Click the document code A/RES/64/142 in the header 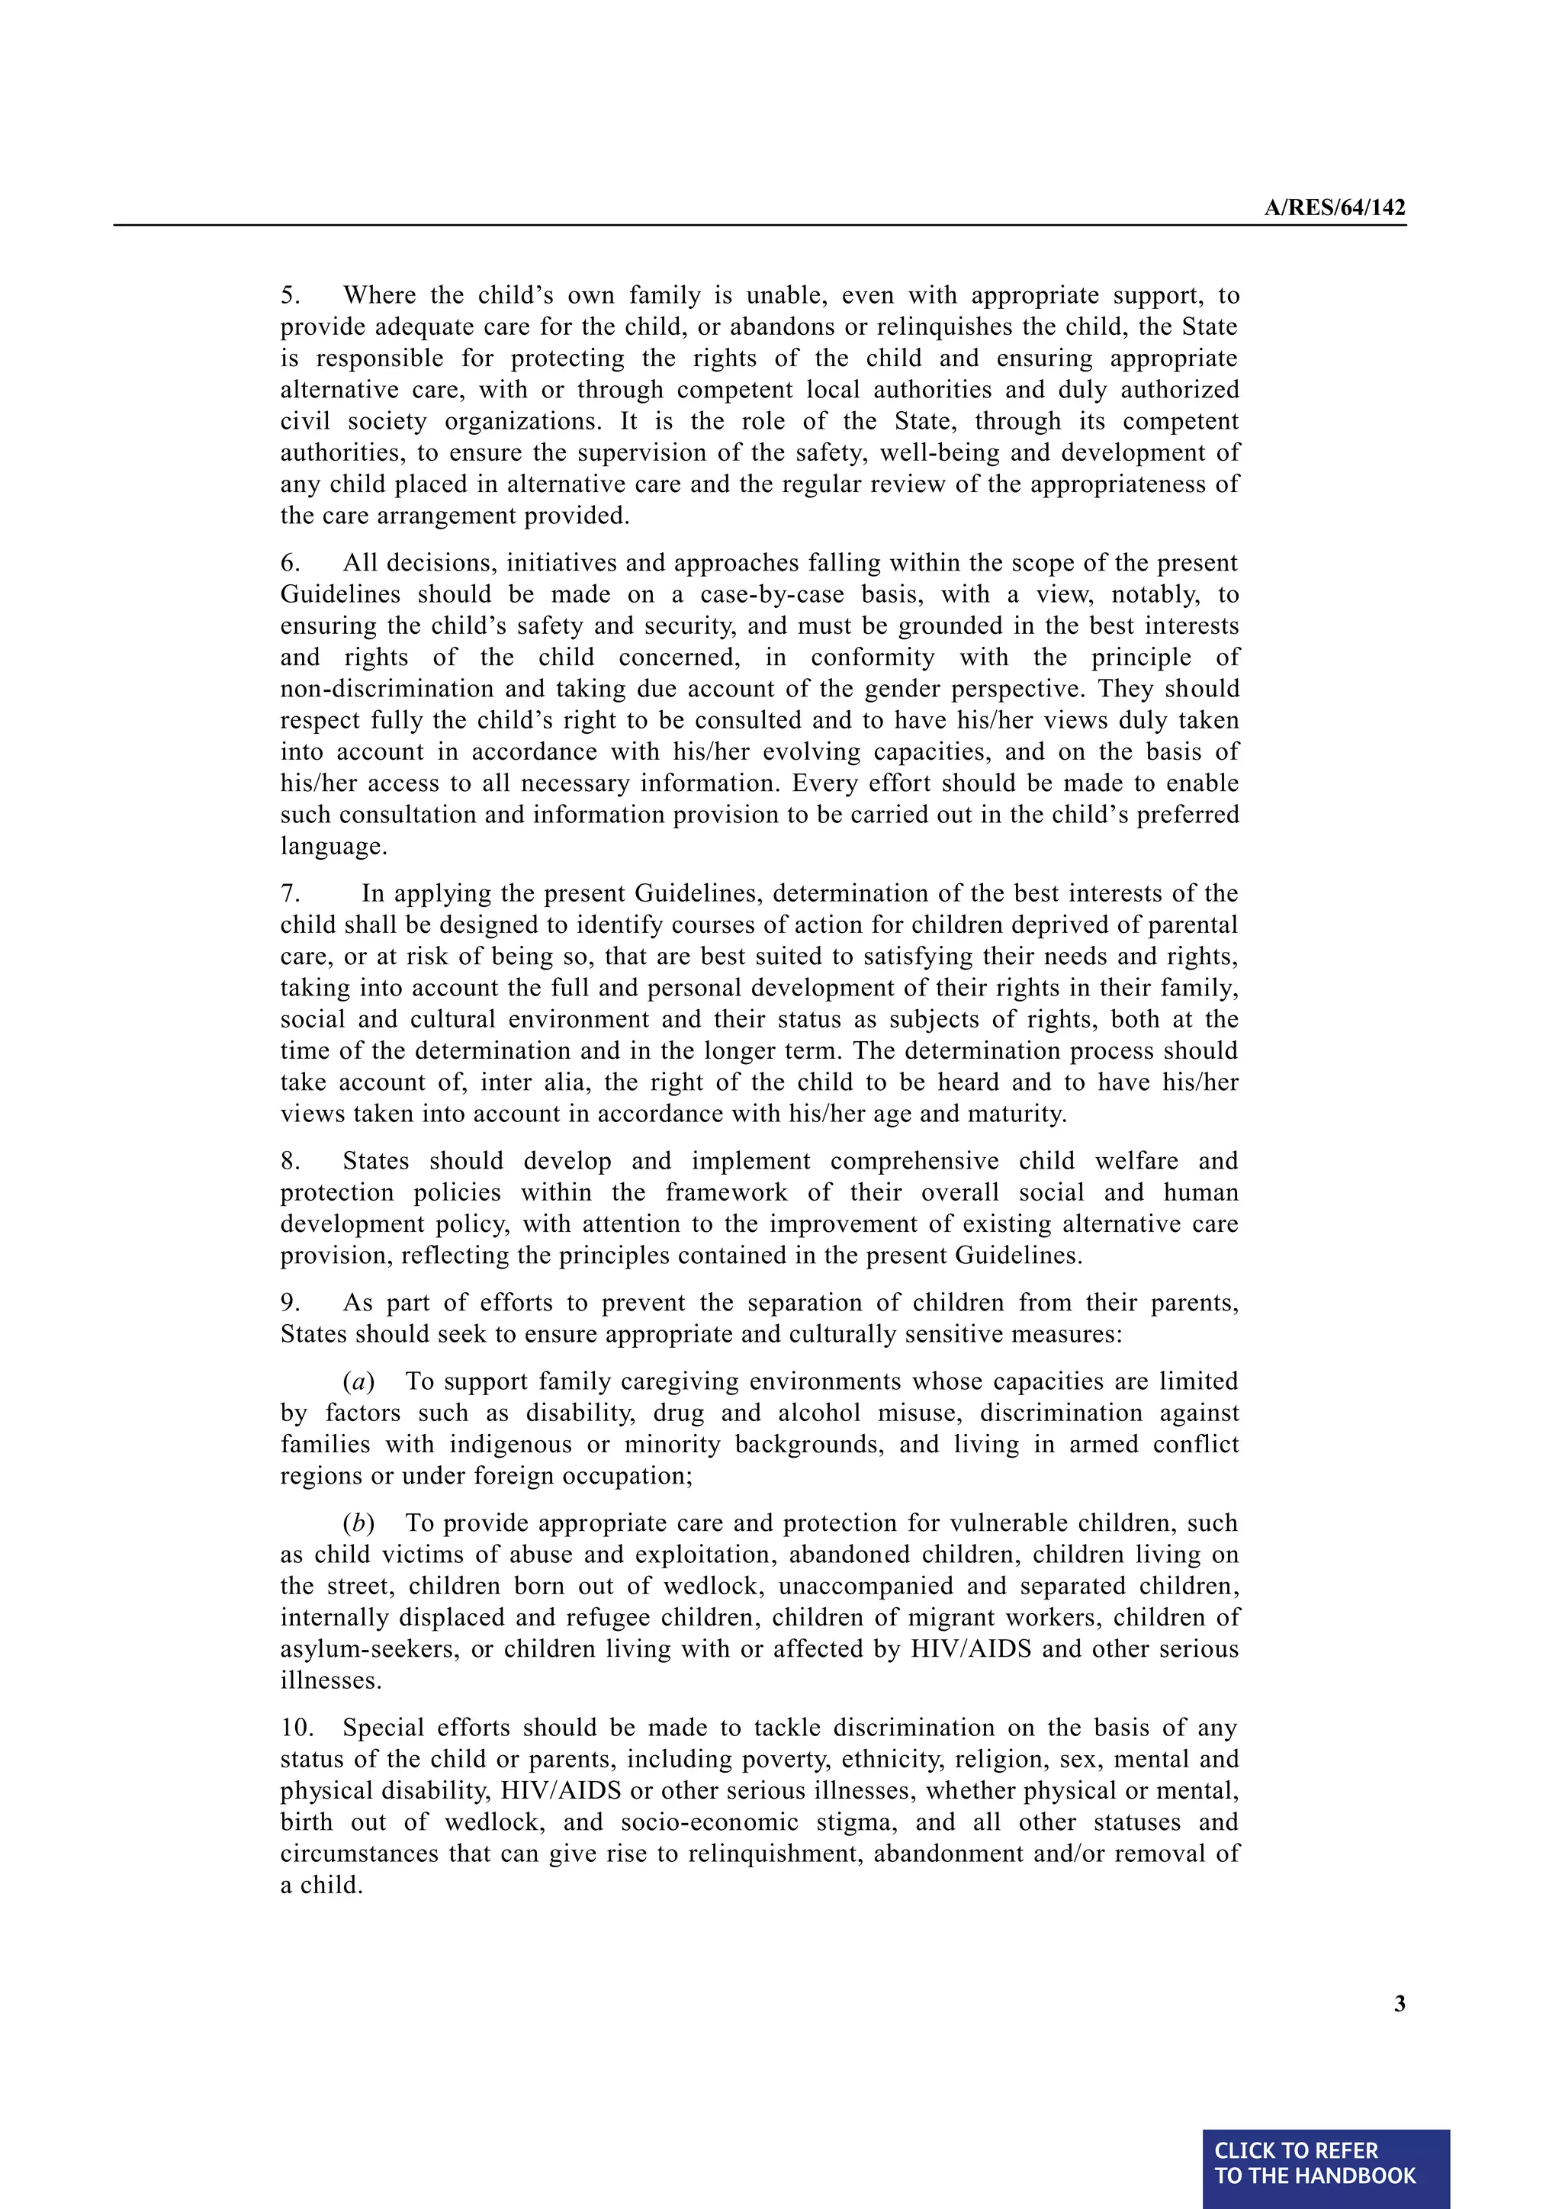[x=1334, y=207]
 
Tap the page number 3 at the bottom [x=1400, y=2003]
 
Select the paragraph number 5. [x=290, y=295]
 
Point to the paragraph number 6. [x=290, y=563]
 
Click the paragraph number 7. [x=290, y=894]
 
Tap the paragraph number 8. [x=290, y=1161]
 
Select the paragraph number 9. [x=290, y=1303]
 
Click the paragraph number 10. [x=296, y=1728]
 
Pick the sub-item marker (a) [x=358, y=1381]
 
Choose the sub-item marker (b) [x=358, y=1523]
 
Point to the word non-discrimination [x=388, y=689]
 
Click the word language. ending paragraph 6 [x=333, y=847]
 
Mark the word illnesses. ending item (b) [x=331, y=1681]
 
